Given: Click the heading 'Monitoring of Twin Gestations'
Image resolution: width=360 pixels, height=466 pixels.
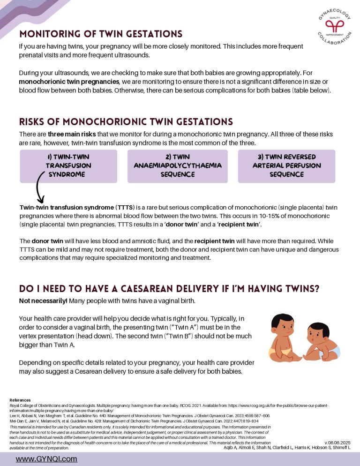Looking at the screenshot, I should [100, 34].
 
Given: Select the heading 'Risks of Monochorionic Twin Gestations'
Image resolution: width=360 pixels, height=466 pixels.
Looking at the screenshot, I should [126, 122].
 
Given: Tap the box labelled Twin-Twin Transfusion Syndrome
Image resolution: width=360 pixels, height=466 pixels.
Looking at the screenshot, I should [68, 166].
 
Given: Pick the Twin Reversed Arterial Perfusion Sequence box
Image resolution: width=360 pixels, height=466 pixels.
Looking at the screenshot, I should [286, 166].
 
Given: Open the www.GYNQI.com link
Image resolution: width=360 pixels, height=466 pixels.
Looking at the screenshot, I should [46, 459].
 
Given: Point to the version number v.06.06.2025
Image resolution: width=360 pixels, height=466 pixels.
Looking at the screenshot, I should [337, 442].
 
